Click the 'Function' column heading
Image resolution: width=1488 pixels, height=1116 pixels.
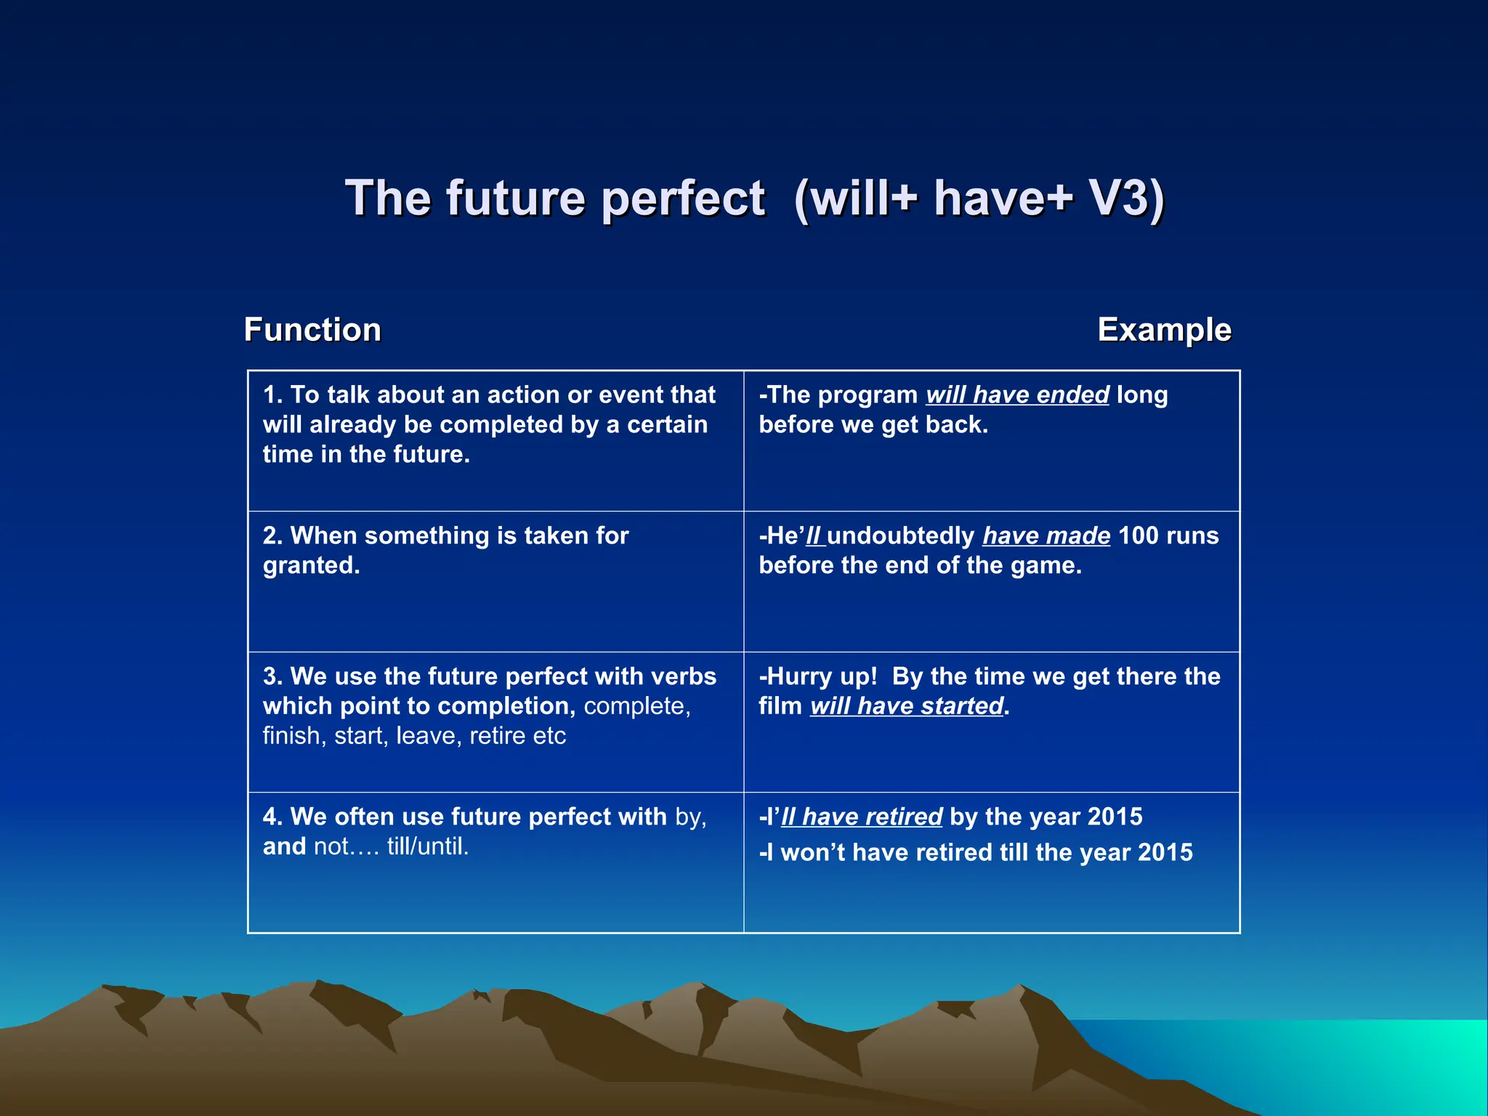click(312, 330)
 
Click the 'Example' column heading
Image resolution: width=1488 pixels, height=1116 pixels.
click(1164, 330)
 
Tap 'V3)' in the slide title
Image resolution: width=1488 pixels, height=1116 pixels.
click(1126, 198)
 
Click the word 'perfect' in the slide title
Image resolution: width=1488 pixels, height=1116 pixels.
click(683, 198)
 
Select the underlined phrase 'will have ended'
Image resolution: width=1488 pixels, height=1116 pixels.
click(1017, 395)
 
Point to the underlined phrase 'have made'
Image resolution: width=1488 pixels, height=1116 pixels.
click(1046, 535)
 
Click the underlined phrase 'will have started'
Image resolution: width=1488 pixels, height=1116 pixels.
click(907, 706)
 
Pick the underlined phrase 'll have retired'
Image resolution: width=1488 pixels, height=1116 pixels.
click(862, 817)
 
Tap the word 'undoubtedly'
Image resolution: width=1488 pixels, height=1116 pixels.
click(900, 535)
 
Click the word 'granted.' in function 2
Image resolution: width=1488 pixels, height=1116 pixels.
click(311, 565)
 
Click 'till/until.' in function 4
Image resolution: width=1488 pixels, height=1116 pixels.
click(427, 846)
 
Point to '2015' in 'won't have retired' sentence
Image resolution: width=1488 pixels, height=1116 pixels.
click(1165, 852)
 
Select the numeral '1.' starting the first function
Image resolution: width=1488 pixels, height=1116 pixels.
click(272, 395)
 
